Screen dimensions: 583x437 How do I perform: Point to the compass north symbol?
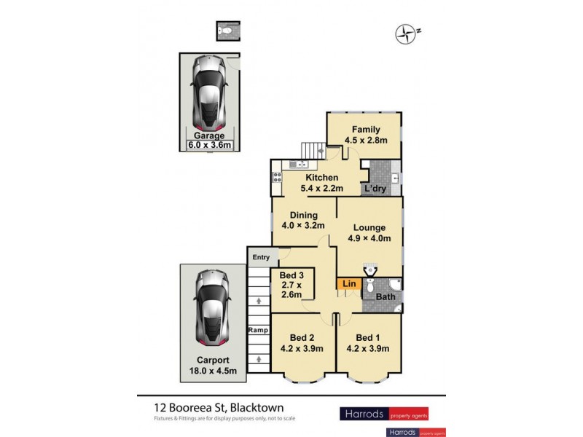pos(404,32)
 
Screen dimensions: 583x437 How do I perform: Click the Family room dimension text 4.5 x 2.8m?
pos(365,141)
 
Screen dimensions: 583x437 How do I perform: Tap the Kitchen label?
pos(321,178)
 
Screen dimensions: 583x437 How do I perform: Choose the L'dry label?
pos(375,189)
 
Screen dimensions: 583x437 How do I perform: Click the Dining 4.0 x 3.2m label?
pos(304,221)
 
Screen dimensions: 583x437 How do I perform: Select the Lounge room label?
pos(370,227)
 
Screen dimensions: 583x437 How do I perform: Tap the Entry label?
pos(261,257)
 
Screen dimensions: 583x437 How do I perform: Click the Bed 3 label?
pos(291,275)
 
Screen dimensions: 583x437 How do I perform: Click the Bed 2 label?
pos(302,337)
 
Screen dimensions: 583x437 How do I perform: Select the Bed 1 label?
pos(368,337)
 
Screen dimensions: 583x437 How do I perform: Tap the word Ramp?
pos(257,330)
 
